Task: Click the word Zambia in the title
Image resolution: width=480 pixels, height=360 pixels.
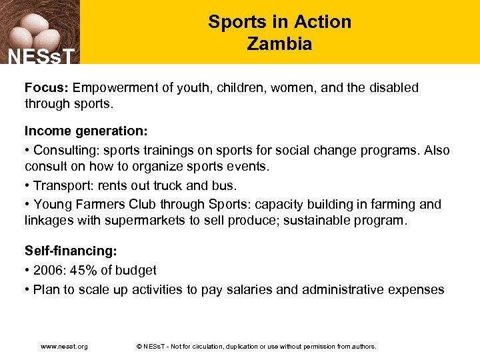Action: pos(279,44)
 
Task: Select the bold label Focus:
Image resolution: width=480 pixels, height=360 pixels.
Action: pos(47,87)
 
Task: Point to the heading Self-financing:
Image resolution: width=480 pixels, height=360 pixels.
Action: pos(71,251)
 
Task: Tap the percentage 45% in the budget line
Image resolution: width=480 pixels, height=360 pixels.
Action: pos(83,270)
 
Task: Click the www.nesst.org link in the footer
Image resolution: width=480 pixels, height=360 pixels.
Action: pos(64,346)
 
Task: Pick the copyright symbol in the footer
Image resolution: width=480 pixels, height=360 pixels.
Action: pos(138,346)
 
